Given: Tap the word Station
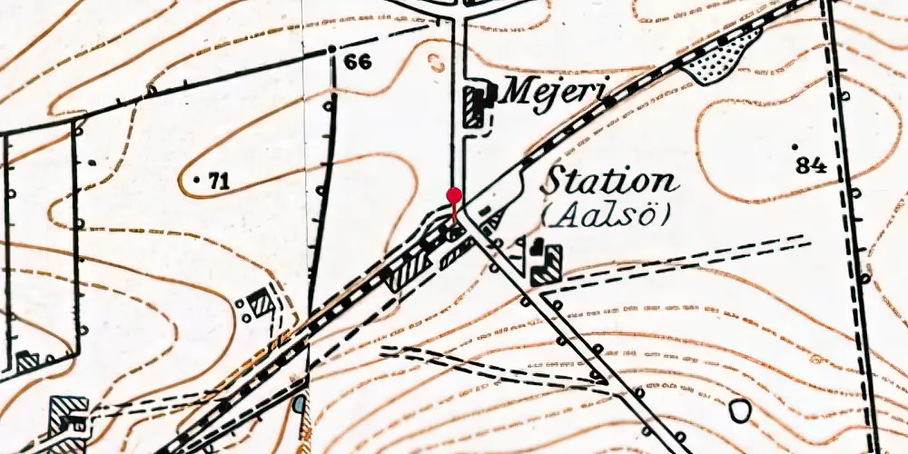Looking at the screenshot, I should coord(609,181).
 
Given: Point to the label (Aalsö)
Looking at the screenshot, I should coord(605,215).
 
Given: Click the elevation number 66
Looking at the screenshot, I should coord(359,62).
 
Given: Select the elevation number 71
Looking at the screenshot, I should coord(217,182).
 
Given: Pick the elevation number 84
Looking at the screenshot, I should coord(810,165).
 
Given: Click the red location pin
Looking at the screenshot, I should coord(454,195).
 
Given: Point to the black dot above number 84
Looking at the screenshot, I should coord(795,146).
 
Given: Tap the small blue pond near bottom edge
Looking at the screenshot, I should coord(300,402).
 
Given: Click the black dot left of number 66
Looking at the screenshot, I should coord(332,48).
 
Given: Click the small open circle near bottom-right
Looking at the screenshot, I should coord(741,410).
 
